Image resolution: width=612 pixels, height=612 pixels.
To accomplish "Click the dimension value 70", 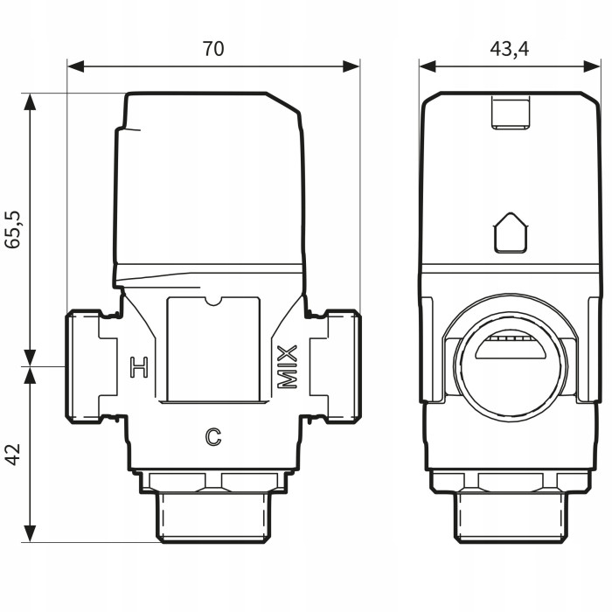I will [213, 49].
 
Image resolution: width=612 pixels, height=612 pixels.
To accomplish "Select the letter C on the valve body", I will [212, 437].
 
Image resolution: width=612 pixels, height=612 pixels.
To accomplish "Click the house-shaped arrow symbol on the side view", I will [511, 233].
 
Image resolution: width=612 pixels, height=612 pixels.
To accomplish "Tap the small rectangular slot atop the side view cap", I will [510, 113].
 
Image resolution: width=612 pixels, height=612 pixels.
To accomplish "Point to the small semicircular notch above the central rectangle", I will [212, 303].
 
